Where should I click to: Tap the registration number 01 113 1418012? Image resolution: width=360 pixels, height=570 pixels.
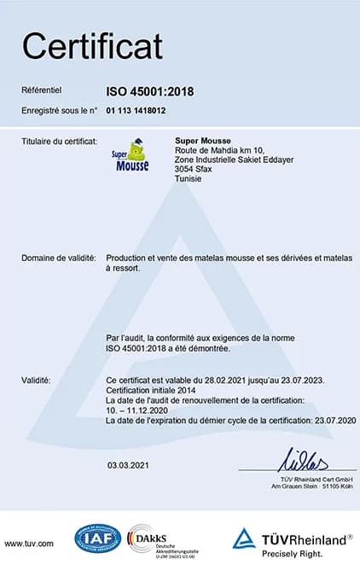(x=136, y=110)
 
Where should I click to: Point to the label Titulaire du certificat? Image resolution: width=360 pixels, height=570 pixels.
(x=58, y=140)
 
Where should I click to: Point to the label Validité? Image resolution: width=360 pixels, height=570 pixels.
(x=36, y=380)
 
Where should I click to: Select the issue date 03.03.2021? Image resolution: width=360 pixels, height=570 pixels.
(x=129, y=465)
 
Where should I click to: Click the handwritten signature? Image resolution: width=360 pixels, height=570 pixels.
(x=305, y=462)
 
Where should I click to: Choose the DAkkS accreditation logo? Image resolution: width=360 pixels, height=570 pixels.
(x=162, y=540)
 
